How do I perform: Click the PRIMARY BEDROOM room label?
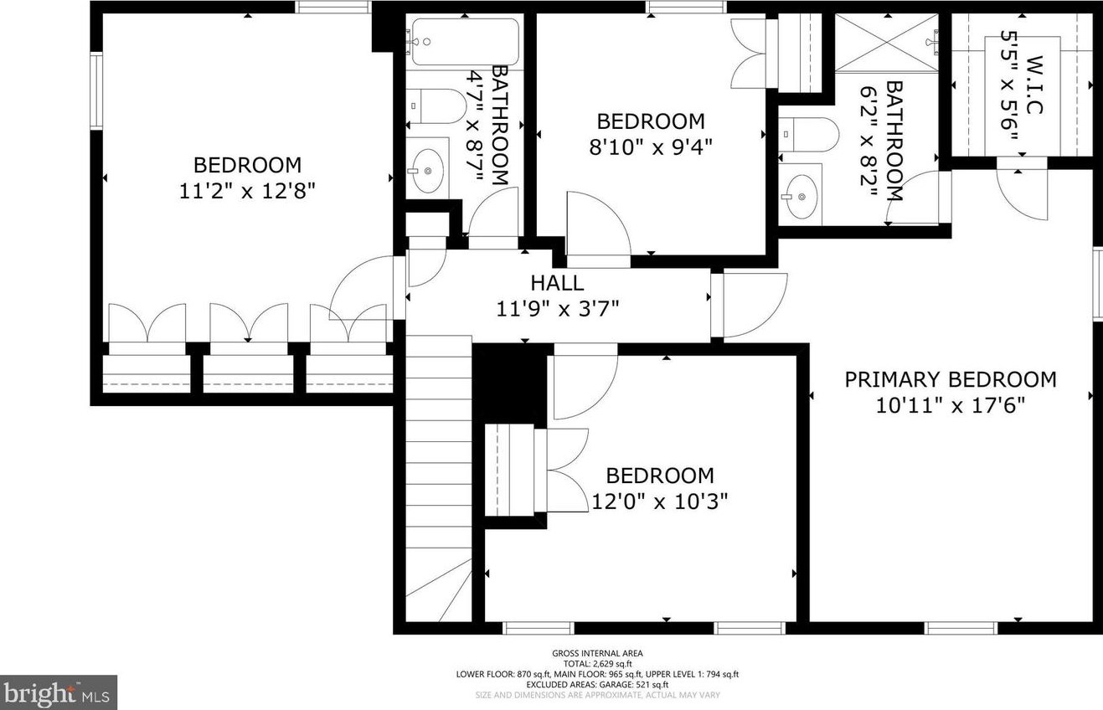(x=950, y=379)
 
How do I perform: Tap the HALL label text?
(x=557, y=284)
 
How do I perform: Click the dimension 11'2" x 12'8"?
(x=246, y=191)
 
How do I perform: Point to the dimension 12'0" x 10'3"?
(x=660, y=502)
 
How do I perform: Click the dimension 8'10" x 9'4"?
(x=651, y=147)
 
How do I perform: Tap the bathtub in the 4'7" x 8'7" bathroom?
(x=463, y=42)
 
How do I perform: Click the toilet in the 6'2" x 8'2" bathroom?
(x=808, y=134)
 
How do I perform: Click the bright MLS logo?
(x=59, y=692)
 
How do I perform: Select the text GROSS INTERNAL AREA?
(x=597, y=653)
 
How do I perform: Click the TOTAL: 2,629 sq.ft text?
(x=597, y=663)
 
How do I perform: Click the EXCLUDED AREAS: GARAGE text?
(x=597, y=684)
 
